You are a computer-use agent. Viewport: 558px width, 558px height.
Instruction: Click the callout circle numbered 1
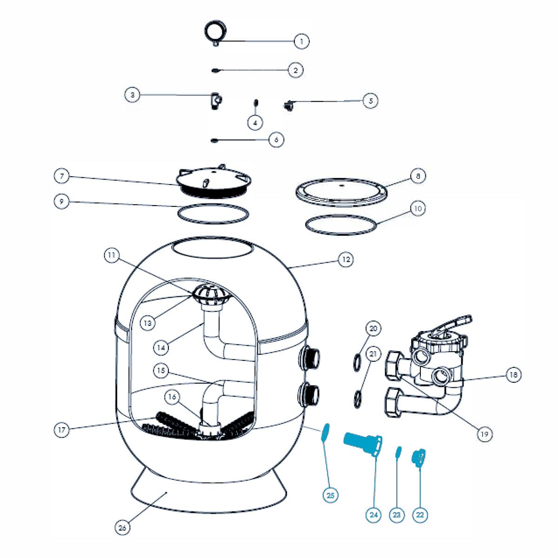coord(301,41)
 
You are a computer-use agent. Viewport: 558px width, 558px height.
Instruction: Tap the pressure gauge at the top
coord(215,32)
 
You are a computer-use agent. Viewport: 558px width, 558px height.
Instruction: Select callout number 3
coord(133,95)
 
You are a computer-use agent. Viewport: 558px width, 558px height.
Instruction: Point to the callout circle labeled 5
coord(371,100)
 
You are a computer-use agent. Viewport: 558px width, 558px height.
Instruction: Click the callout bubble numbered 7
coord(62,176)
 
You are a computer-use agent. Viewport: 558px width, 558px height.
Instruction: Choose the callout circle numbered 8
coord(418,176)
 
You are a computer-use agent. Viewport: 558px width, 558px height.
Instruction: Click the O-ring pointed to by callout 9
coord(213,213)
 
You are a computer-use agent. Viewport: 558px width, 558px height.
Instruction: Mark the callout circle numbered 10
coord(418,209)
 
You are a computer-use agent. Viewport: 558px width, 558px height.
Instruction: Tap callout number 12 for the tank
coord(345,259)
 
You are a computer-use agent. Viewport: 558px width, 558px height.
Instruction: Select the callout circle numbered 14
coord(161,347)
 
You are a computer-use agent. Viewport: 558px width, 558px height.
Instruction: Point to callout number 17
coord(62,430)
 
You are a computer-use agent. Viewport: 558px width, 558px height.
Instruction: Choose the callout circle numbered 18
coord(513,374)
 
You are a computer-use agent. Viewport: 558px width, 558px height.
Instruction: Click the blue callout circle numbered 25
coord(330,495)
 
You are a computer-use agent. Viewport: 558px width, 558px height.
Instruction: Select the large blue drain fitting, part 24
coord(363,443)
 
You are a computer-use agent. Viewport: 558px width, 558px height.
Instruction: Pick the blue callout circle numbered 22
coord(420,515)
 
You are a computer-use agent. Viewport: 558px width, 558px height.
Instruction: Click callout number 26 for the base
coord(122,527)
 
